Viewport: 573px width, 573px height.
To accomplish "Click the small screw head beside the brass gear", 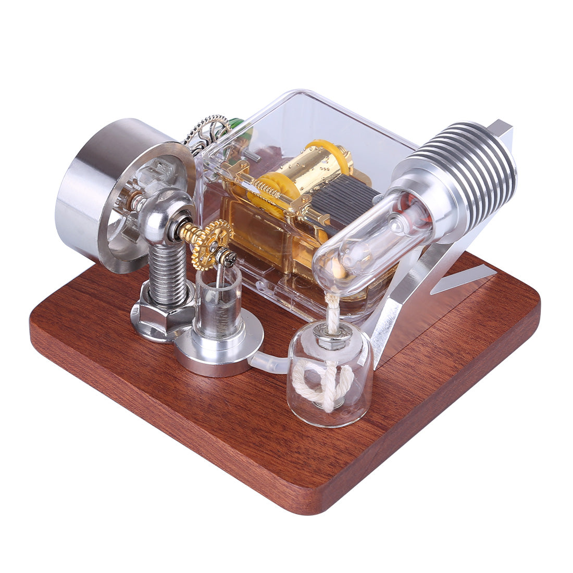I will pyautogui.click(x=228, y=256).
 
